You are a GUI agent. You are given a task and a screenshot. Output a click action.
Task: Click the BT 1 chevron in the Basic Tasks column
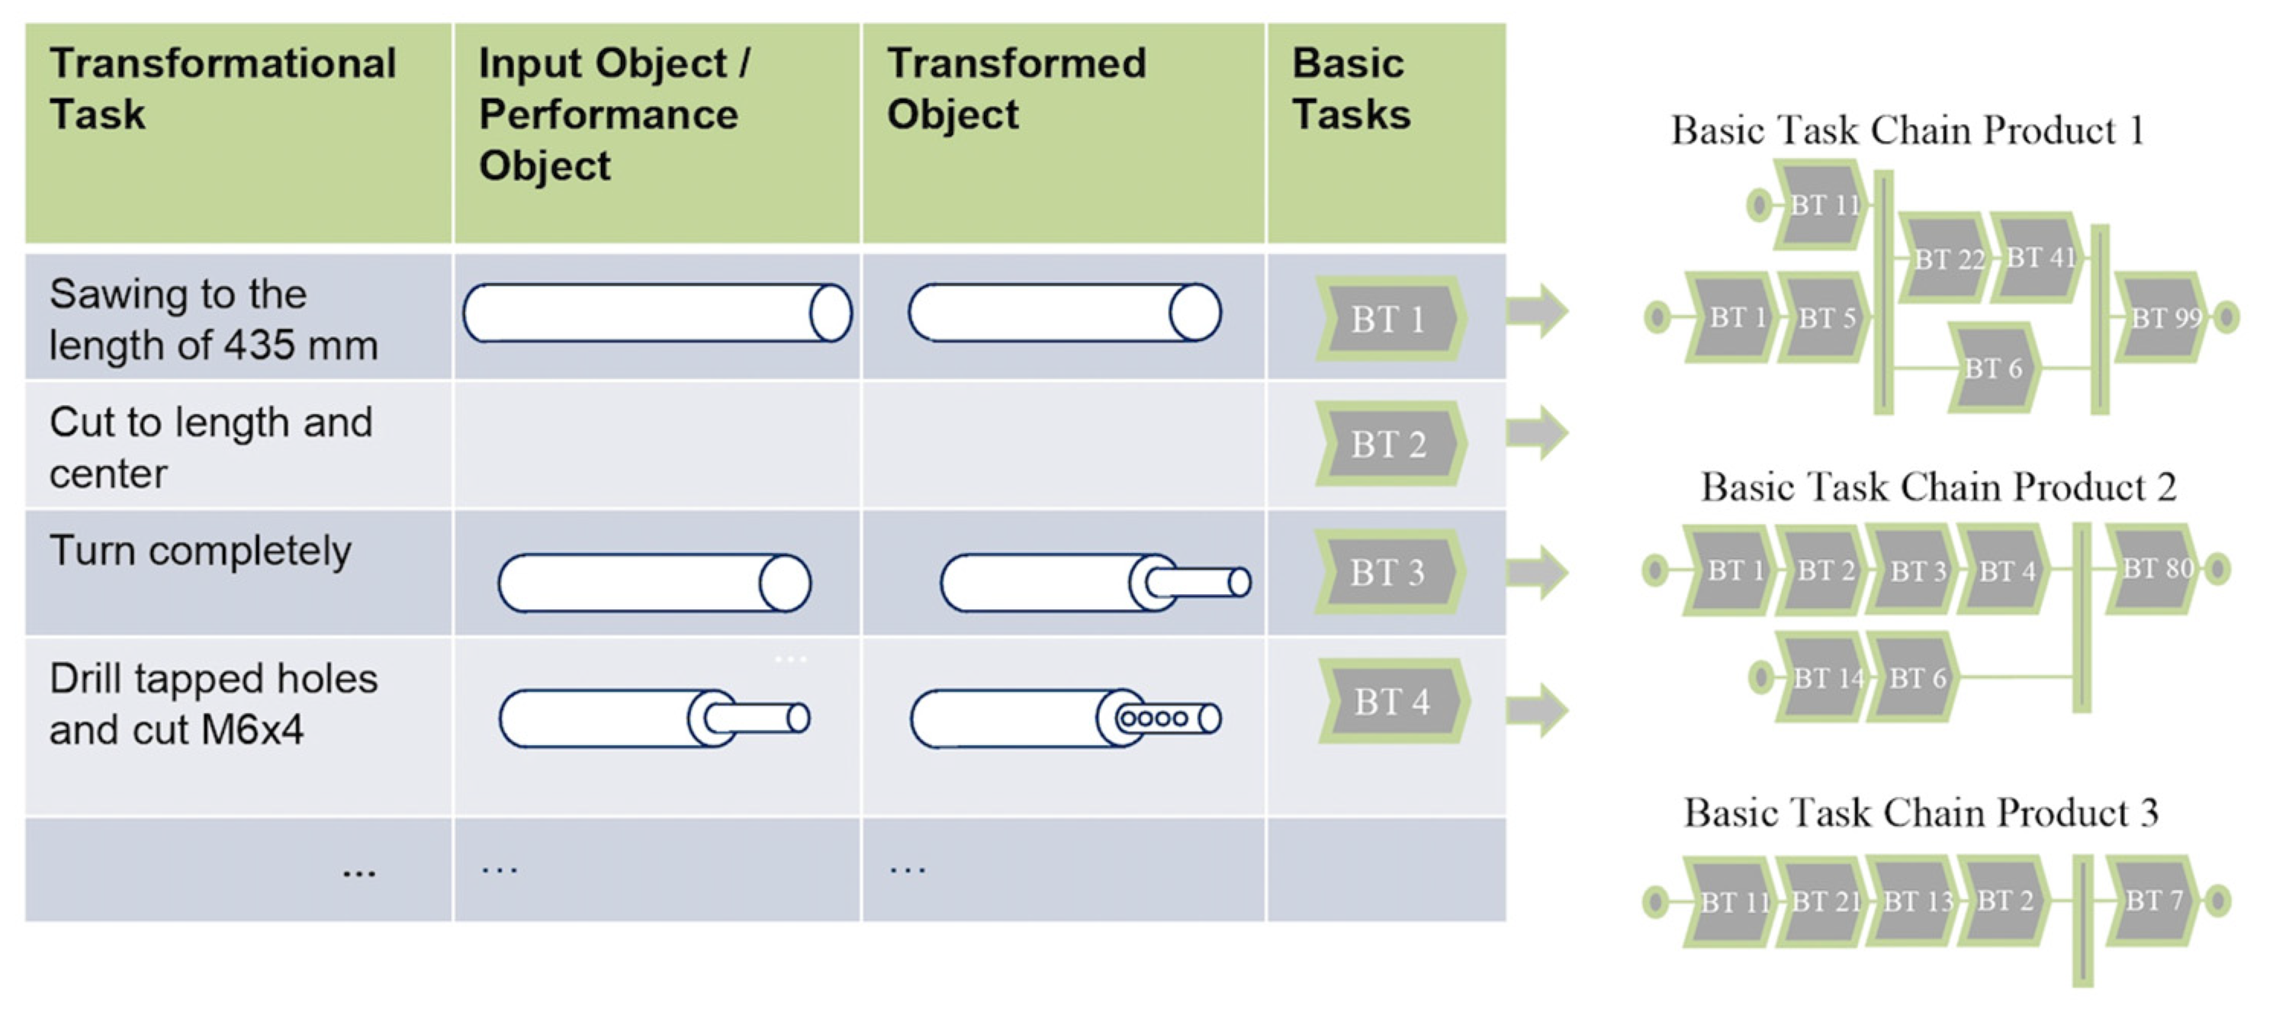point(1390,319)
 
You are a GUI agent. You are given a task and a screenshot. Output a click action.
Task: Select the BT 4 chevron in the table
point(1392,702)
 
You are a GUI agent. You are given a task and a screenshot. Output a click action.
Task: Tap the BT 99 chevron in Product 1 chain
point(2163,317)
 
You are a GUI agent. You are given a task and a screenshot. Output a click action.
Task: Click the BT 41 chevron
point(2038,257)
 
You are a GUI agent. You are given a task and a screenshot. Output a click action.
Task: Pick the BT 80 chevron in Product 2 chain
point(2154,568)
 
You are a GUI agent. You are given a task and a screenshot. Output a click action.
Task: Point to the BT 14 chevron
point(1825,677)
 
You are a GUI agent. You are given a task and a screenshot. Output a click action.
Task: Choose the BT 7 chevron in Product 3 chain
point(2153,901)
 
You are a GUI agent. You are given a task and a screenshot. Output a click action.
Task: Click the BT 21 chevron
point(1823,901)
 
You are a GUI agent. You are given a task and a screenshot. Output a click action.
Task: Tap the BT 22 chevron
point(1947,259)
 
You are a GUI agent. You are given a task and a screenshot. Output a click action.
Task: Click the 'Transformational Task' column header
point(222,89)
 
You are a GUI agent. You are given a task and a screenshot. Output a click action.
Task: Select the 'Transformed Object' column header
point(1016,89)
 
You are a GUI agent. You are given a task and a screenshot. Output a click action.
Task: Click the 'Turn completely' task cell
point(201,551)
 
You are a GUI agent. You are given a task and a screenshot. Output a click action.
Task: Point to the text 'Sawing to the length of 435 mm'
point(214,319)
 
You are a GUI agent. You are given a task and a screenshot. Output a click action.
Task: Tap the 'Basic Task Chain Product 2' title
point(1937,487)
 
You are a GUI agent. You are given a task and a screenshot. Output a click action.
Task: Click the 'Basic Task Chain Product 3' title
point(1921,811)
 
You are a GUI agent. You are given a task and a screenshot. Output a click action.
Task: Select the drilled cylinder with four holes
point(1066,719)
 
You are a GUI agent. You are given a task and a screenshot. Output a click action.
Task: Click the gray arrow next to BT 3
point(1537,572)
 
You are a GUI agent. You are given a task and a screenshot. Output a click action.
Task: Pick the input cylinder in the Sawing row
point(657,313)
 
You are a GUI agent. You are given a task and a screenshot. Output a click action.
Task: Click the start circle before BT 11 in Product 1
point(1758,205)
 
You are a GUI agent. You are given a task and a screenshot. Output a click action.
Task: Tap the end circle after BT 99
point(2227,317)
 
